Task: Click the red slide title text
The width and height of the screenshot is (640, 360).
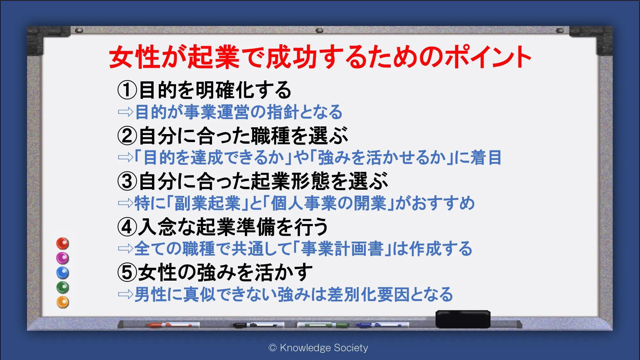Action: (320, 57)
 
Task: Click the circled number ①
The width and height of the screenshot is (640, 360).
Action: (127, 90)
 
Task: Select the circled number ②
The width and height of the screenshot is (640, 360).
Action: (127, 136)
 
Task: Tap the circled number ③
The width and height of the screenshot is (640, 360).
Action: (127, 181)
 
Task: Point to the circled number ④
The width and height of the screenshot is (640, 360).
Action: (127, 227)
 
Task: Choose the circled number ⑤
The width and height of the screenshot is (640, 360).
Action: (127, 272)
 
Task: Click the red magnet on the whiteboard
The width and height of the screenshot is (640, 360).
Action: (63, 244)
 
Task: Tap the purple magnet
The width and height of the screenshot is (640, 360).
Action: (63, 258)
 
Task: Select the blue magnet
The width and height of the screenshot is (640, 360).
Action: (63, 273)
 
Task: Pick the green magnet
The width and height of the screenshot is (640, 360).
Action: (63, 287)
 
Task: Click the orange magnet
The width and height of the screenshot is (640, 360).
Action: (63, 302)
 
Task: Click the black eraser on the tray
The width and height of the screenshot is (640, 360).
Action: (463, 319)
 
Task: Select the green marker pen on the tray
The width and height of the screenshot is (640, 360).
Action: (323, 325)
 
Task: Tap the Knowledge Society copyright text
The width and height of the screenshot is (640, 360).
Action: (318, 348)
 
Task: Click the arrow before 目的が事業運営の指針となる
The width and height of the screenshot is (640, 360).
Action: (125, 112)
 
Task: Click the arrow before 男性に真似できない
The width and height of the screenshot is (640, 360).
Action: (125, 294)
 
